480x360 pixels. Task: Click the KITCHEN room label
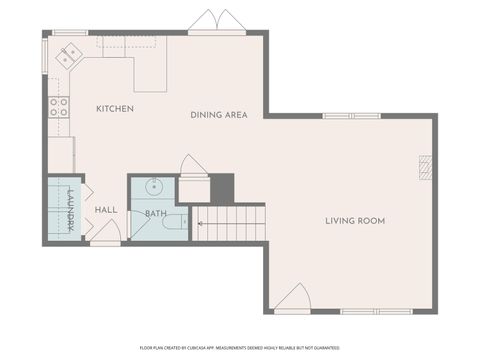point(115,107)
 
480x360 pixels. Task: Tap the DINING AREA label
point(219,115)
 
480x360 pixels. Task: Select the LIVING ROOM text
point(355,220)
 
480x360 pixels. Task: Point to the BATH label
point(156,213)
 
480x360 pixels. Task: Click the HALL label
point(107,210)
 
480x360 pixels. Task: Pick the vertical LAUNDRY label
point(71,210)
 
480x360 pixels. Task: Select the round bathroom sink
point(153,187)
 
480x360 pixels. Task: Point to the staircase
point(231,223)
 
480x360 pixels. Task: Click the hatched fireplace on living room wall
point(425,170)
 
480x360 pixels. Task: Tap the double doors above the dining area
point(217,22)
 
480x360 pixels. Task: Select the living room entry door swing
point(292,298)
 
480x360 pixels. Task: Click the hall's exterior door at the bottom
point(106,233)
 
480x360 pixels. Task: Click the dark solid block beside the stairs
point(221,187)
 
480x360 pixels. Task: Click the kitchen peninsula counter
point(150,75)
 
